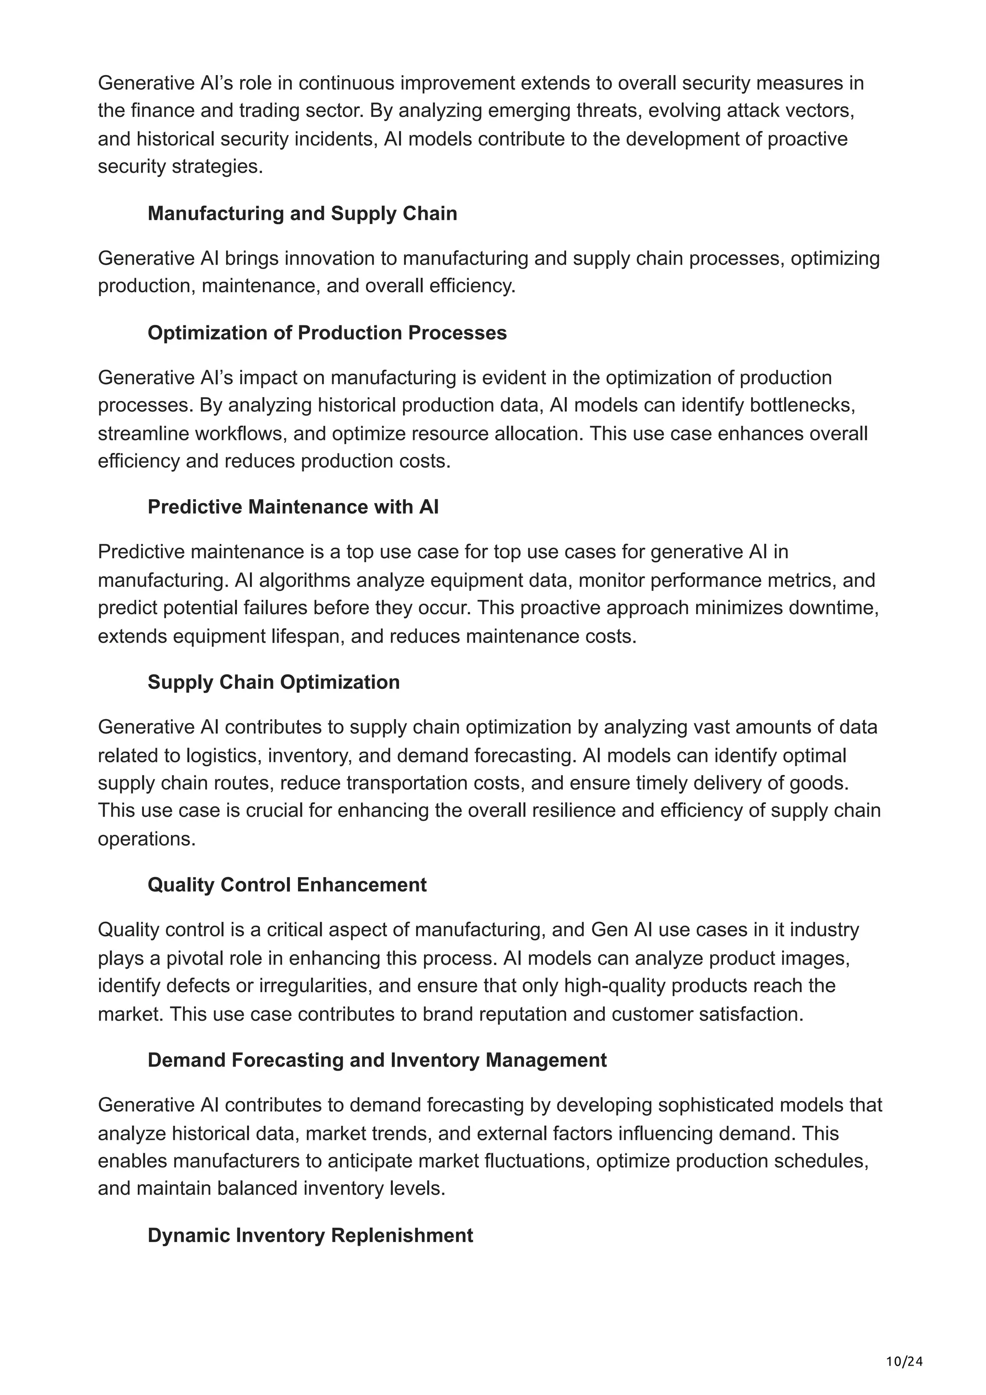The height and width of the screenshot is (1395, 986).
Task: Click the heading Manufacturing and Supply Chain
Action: tap(302, 213)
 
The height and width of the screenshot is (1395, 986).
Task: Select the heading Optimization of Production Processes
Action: tap(327, 333)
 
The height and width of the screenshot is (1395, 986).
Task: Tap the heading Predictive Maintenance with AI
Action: tap(293, 507)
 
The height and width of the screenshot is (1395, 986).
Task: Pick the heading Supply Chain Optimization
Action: tap(273, 682)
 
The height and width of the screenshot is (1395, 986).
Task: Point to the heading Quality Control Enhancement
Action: tap(287, 885)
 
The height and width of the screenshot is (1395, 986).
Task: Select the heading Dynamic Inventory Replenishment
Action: tap(310, 1235)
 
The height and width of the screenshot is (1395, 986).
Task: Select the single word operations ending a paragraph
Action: tap(146, 839)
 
